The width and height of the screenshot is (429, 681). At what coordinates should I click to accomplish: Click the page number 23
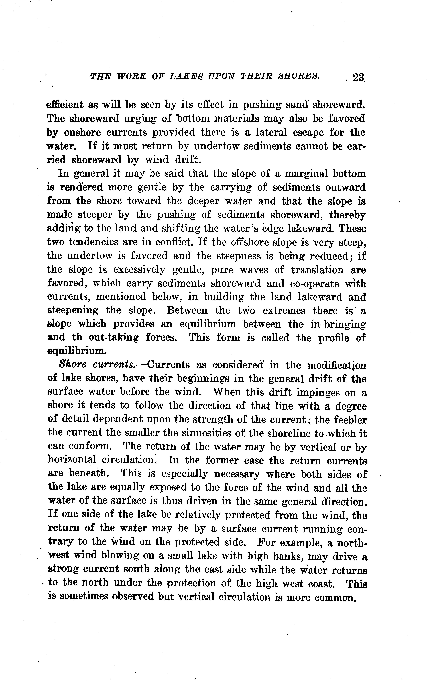pyautogui.click(x=358, y=77)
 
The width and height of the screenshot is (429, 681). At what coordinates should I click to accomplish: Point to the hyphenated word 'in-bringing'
pyautogui.click(x=338, y=324)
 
